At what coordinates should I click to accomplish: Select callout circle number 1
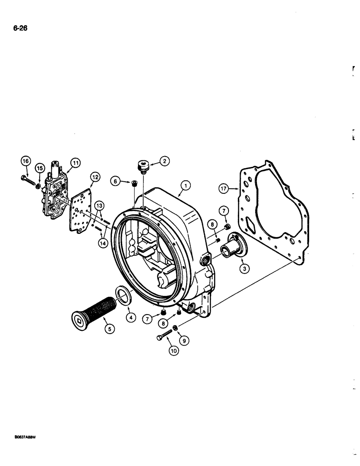point(186,186)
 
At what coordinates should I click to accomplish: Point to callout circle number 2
point(164,161)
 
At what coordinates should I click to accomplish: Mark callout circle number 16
point(26,161)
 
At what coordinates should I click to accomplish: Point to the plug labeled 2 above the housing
point(142,166)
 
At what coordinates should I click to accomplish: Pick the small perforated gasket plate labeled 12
point(82,212)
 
